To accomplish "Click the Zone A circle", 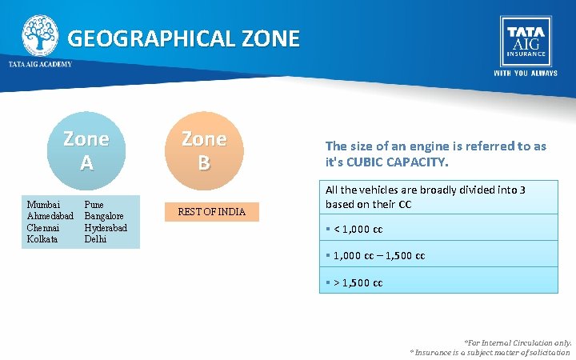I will [x=86, y=150].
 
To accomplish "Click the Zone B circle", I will [x=203, y=150].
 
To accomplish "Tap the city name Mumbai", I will [x=42, y=205].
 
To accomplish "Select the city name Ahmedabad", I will [x=50, y=216].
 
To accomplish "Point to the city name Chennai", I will [x=44, y=227].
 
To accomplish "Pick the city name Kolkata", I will [x=42, y=238].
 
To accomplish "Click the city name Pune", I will [x=94, y=205].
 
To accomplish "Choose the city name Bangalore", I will [x=104, y=216].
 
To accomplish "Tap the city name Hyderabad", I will [x=106, y=227].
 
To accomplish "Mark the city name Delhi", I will [x=95, y=238].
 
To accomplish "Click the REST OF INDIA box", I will [x=211, y=212].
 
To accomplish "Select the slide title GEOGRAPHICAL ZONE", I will [x=183, y=38].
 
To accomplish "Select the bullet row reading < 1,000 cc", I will [x=439, y=229].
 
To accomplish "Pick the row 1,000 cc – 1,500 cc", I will [x=439, y=255].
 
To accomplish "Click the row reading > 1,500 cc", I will [x=439, y=282].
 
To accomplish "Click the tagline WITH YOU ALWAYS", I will [x=526, y=73].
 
